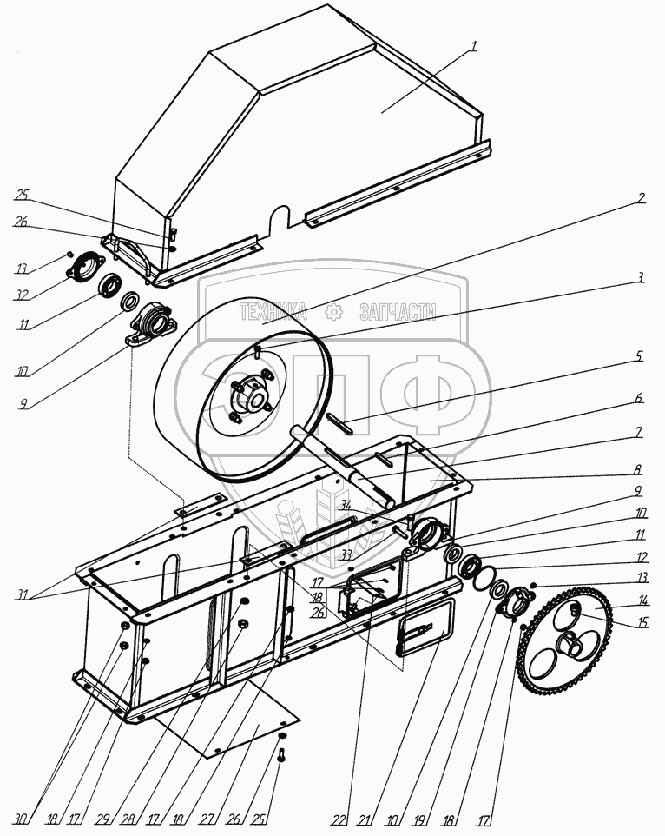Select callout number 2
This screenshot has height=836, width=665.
tap(640, 198)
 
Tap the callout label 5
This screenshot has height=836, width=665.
tap(639, 355)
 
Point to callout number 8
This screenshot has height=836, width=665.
tap(638, 470)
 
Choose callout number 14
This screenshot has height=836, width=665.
tap(642, 600)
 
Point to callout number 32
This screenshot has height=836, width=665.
tap(22, 295)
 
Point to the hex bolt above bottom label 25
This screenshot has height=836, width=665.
tap(280, 755)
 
